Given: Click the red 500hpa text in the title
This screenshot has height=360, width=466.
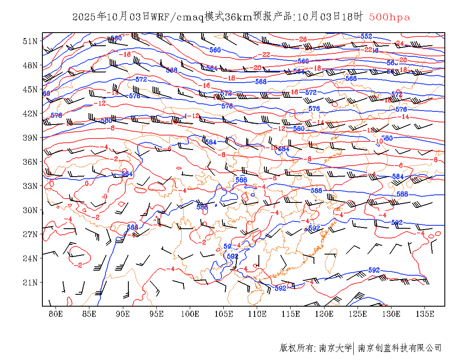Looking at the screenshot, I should coord(389,17).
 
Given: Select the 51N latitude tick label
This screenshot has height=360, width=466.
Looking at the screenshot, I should coord(30,41).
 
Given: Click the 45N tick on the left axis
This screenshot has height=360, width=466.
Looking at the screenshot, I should coord(30,89).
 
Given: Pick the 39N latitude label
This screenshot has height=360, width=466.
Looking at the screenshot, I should coord(30,138).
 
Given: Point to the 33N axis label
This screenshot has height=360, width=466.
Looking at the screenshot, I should coord(30,186).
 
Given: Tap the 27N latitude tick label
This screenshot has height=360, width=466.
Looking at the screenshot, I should coord(30,234).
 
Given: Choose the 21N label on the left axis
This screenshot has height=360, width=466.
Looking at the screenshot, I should coord(30,282).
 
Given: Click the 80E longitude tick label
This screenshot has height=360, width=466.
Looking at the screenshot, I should coord(55,314).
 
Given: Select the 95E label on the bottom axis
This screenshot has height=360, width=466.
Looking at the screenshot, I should coord(156,314).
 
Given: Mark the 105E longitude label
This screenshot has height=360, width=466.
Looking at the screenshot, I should coord(224,314).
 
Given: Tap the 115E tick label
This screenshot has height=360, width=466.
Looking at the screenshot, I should coord(291,314).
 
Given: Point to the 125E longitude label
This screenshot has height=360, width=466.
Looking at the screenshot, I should coord(358,314).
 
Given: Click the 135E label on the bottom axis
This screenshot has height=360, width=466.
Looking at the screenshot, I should coord(425,314).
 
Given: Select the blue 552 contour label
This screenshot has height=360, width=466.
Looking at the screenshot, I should coord(366,36).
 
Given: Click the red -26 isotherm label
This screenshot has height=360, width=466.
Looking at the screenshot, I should coord(302,39).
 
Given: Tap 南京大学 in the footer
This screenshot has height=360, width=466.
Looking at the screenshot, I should coord(335,348).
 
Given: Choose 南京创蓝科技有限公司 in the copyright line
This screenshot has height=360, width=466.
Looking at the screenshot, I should coord(400,348).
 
